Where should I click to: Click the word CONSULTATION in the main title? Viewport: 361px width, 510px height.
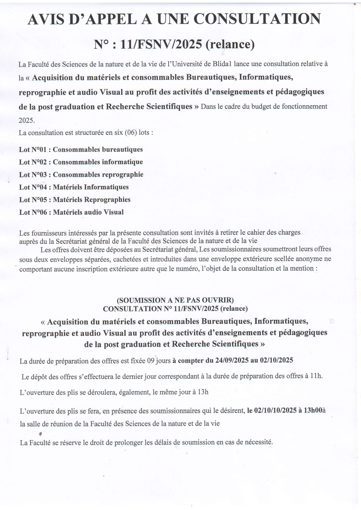click(x=257, y=19)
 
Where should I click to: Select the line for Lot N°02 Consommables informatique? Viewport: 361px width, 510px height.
click(x=81, y=162)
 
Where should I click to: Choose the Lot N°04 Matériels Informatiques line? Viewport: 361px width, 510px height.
click(x=74, y=187)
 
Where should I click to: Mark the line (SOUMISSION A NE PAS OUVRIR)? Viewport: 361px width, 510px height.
click(x=175, y=300)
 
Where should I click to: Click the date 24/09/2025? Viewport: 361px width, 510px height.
click(x=232, y=360)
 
